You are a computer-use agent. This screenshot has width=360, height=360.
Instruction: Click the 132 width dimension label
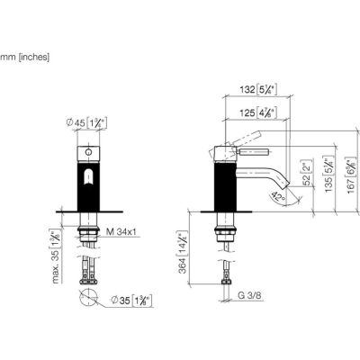pos(258,89)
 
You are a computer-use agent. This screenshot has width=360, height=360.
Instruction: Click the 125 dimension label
pos(258,113)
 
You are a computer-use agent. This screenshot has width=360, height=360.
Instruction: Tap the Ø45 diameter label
pos(87,122)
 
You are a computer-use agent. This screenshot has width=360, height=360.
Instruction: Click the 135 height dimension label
pos(329,174)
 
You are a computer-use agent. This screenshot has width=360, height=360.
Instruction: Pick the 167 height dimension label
pos(352,175)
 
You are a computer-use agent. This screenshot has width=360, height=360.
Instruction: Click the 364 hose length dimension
pos(183,253)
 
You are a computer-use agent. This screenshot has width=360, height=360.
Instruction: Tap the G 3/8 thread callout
pos(249,295)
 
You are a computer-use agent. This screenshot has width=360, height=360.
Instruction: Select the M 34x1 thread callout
pos(121,231)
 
